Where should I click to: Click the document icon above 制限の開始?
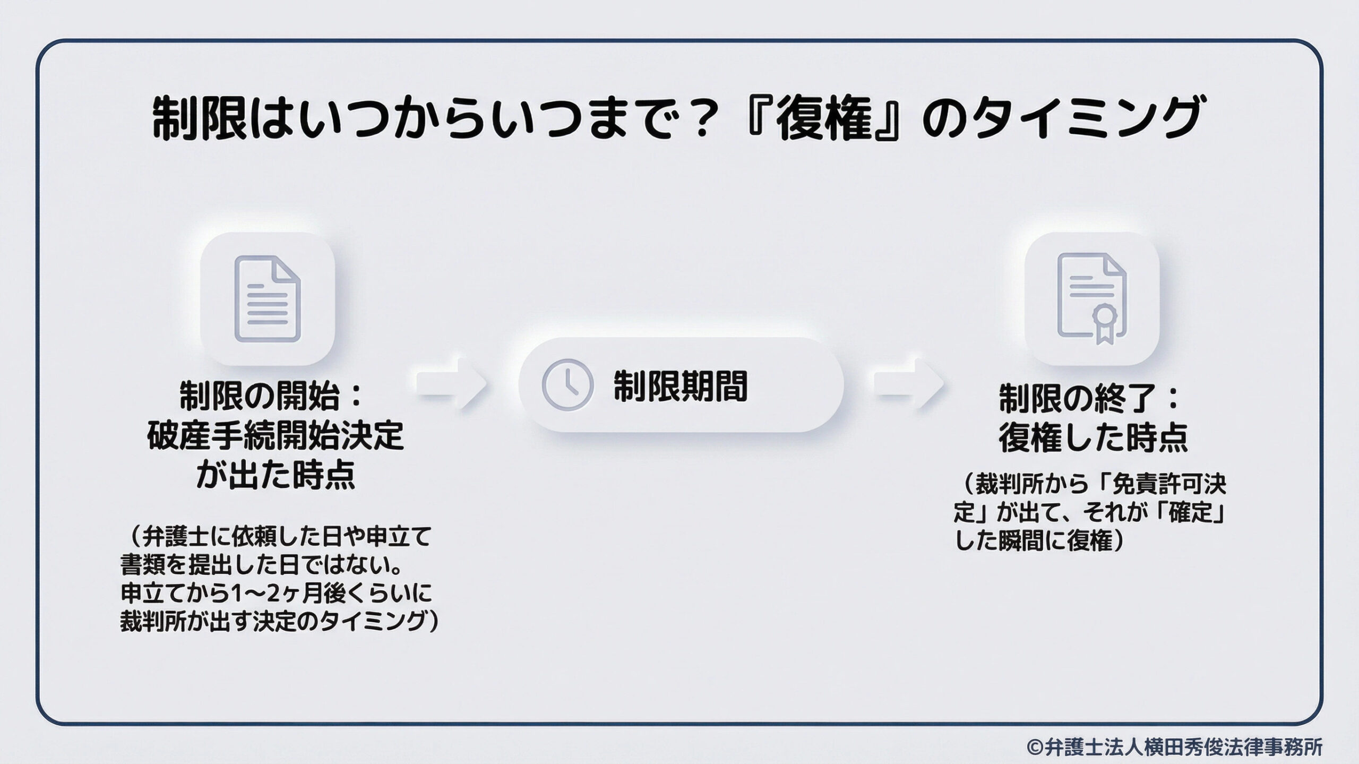(x=268, y=298)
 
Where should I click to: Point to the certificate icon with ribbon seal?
(x=1091, y=298)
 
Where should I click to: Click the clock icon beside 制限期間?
(x=567, y=385)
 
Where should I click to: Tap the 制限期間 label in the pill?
(x=680, y=386)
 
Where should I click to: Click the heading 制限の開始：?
(x=271, y=397)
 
